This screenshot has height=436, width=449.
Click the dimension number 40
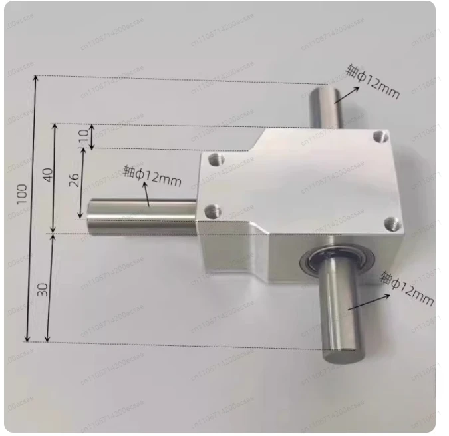click(x=47, y=176)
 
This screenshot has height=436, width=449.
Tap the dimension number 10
click(x=83, y=137)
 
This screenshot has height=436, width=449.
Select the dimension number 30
click(x=43, y=289)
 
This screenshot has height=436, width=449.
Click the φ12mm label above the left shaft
click(x=152, y=176)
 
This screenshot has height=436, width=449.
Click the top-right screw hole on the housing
click(x=379, y=136)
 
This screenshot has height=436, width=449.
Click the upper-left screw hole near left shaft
click(x=214, y=160)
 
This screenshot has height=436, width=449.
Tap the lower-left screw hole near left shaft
click(x=212, y=212)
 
